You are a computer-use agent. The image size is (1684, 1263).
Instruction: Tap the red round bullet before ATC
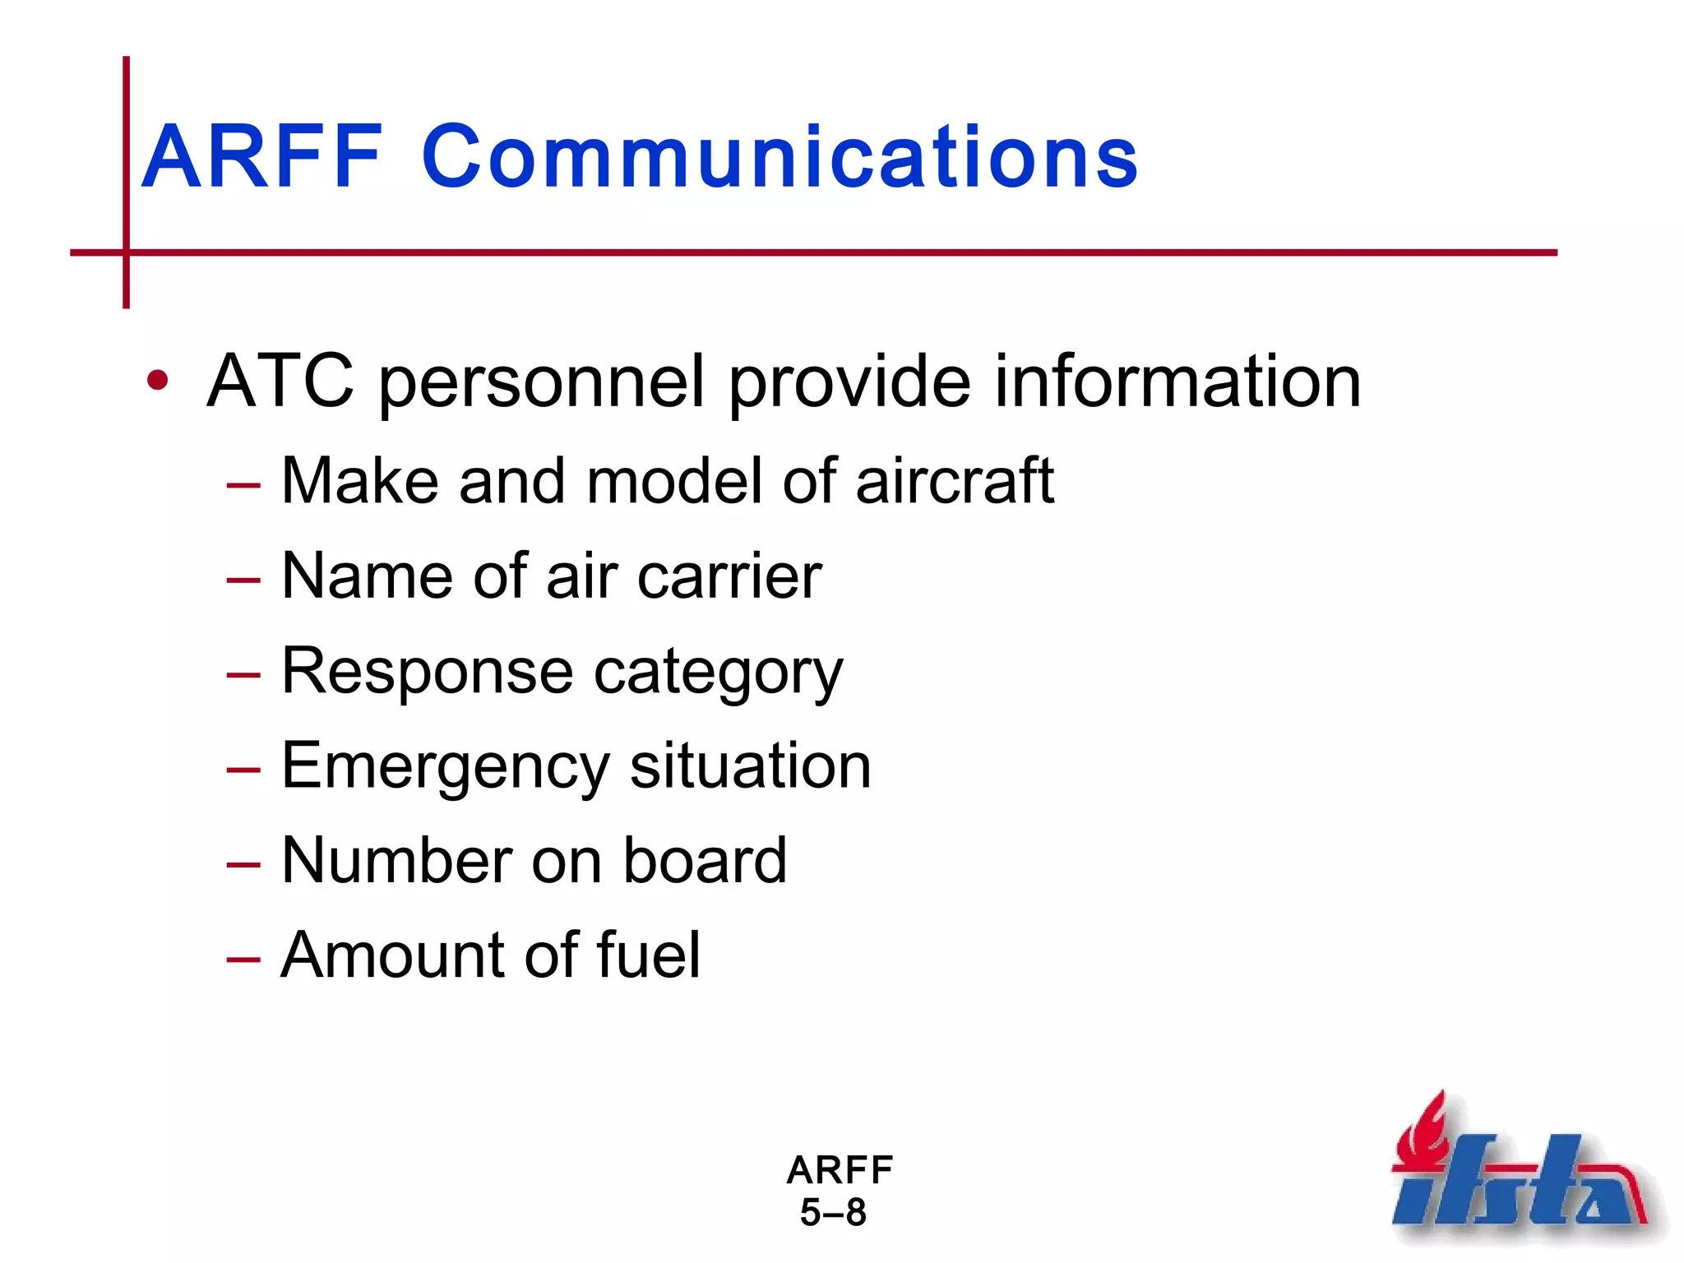tap(157, 381)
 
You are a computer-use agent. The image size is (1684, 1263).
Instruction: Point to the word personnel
tap(542, 382)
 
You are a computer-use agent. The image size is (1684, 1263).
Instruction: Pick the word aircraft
tap(955, 481)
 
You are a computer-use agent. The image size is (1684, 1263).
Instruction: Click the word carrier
tap(729, 576)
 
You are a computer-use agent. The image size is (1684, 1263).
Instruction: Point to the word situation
tap(750, 766)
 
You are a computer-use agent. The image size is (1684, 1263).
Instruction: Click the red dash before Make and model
tap(243, 485)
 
